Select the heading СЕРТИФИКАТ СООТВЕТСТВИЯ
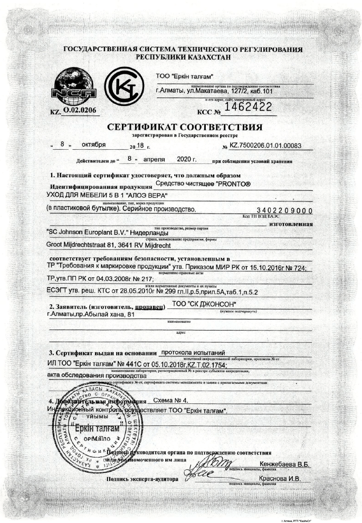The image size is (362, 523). click(184, 127)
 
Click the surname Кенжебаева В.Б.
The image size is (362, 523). click(284, 464)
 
